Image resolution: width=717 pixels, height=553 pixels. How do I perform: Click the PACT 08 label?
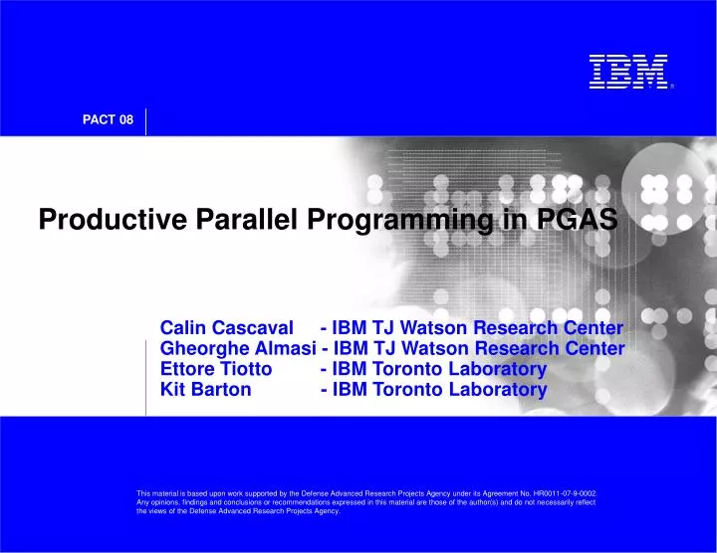107,120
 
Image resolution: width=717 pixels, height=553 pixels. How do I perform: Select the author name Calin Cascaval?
227,328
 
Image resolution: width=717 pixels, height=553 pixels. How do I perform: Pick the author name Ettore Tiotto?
216,369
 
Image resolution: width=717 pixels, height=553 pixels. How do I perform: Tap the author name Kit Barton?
206,390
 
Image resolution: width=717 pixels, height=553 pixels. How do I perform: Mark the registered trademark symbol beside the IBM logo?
672,87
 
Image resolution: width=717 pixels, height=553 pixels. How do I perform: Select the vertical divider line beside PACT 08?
145,120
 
